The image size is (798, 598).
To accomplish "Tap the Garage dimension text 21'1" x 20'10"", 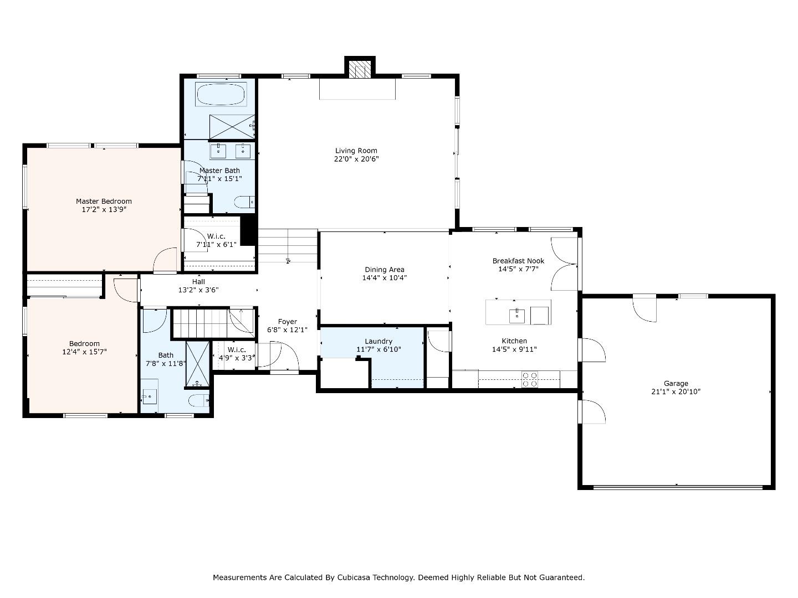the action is pyautogui.click(x=676, y=392).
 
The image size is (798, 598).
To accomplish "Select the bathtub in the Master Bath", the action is pyautogui.click(x=221, y=94).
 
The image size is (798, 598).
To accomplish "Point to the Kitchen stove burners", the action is pyautogui.click(x=529, y=379).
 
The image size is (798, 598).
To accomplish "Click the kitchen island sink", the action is pyautogui.click(x=516, y=316).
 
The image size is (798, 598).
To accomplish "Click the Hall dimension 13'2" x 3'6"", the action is pyautogui.click(x=198, y=290).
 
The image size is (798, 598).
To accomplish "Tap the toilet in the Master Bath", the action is pyautogui.click(x=244, y=202).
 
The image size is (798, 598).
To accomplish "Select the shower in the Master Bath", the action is pyautogui.click(x=232, y=127).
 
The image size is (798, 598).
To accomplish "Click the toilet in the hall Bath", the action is pyautogui.click(x=199, y=400).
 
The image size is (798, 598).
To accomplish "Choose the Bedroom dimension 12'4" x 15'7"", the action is pyautogui.click(x=84, y=352).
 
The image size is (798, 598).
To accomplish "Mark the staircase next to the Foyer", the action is pyautogui.click(x=213, y=323).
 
